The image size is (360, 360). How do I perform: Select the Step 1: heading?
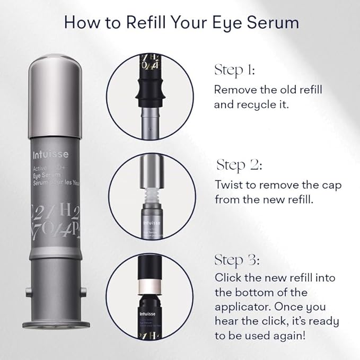point(234,70)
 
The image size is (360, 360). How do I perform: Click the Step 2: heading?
point(239,165)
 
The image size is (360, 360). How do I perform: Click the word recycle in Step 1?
point(258,104)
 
